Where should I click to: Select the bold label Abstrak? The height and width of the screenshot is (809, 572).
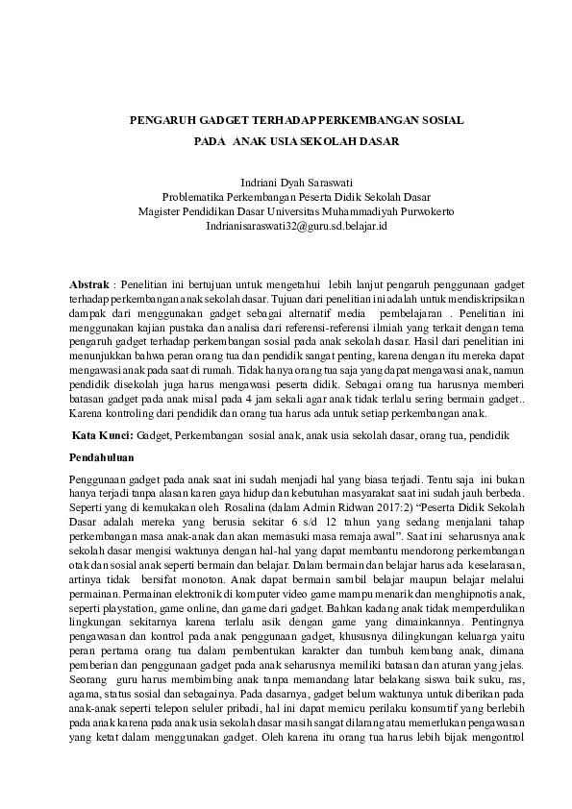(90, 285)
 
